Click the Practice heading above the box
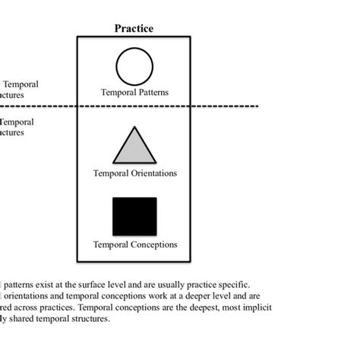click(x=134, y=29)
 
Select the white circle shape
click(x=134, y=67)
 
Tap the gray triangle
click(x=134, y=146)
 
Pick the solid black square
click(x=134, y=216)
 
